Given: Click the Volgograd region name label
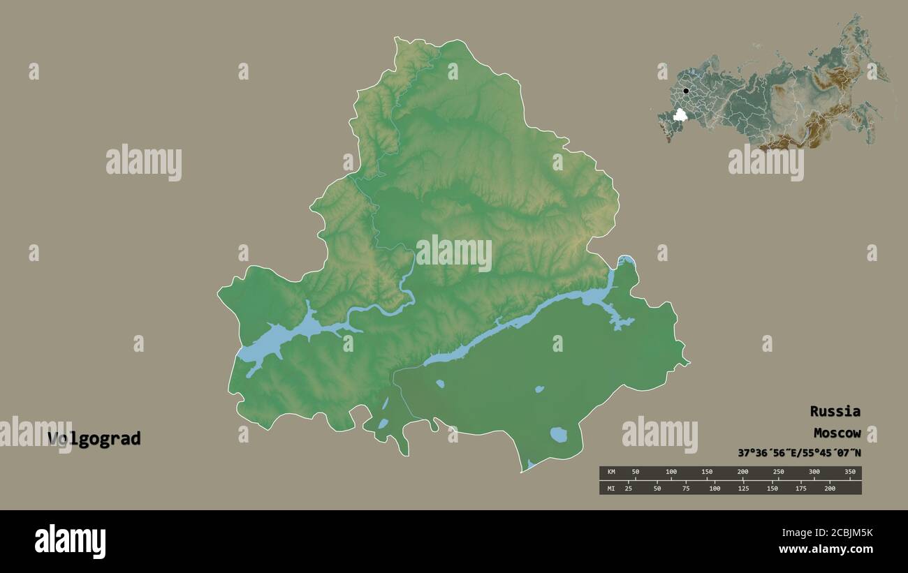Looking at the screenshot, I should click(94, 439).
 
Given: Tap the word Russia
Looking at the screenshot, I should click(835, 411).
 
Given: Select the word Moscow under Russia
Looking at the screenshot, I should click(837, 433).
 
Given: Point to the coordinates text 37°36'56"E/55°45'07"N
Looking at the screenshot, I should click(799, 453).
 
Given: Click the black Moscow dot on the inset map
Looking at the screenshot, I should click(686, 91).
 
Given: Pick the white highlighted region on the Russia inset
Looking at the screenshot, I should click(679, 114).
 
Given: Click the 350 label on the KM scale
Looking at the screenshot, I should click(849, 472).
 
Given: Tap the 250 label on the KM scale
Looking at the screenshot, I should click(778, 472).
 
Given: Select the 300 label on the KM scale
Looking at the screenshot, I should click(814, 472).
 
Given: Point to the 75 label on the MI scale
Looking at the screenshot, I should click(686, 489).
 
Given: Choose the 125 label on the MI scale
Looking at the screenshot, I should click(743, 489).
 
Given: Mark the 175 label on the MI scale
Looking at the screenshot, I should click(801, 489).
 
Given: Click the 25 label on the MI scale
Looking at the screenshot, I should click(629, 489).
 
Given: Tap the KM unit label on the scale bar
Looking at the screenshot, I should click(610, 472).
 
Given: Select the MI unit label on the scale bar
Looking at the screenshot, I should click(610, 489).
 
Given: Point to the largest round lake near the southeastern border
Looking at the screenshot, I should click(558, 435).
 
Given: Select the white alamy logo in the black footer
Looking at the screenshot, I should click(70, 541).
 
